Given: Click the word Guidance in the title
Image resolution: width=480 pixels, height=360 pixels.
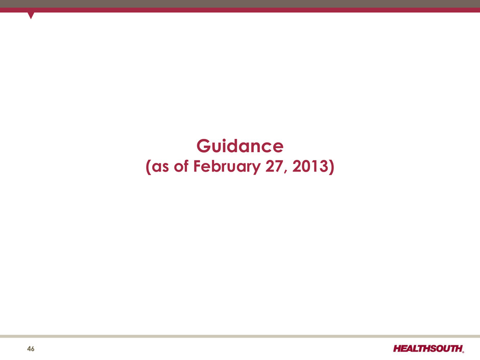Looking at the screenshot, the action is pos(239,146).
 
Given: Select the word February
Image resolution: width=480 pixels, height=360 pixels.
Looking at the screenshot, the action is pos(227,167).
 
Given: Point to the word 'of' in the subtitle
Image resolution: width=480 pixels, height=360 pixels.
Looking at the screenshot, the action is pos(181,166).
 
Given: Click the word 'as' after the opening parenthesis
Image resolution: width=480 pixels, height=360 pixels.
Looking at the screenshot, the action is pos(160,167).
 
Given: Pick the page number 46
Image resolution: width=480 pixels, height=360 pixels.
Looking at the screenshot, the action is pos(31,349).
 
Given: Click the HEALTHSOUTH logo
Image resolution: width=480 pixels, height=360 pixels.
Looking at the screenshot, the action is pos(428,348).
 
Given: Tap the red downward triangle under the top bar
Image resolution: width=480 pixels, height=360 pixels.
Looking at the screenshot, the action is pos(31,15).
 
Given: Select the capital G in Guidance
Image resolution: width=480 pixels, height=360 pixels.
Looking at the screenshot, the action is pos(204,146).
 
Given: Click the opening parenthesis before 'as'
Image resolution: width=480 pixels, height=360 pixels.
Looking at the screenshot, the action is pos(149,167).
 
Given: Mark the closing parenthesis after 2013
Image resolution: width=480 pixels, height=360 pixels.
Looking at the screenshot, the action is pos(331,167).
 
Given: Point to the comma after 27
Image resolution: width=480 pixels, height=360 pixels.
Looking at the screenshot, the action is pos(286,172).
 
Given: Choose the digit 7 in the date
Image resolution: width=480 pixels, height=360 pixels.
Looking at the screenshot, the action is pos(279,166).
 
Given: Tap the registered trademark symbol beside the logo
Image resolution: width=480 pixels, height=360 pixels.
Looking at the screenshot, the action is pos(463,352).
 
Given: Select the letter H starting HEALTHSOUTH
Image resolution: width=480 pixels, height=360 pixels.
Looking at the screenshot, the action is pos(398,348).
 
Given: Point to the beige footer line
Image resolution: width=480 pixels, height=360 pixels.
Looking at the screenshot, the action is pos(240,336).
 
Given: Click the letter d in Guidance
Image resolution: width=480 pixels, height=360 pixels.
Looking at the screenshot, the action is pos(236,146).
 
